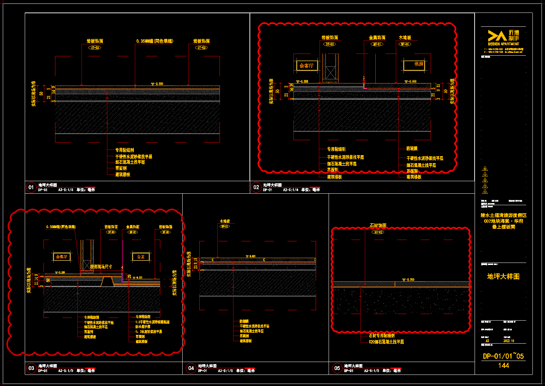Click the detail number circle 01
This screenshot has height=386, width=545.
31,187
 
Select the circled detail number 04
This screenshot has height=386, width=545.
191,368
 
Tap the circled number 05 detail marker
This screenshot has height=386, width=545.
337,368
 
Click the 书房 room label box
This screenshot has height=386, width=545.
415,65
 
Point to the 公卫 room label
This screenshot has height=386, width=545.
141,257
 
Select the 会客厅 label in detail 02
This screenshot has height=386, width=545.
307,65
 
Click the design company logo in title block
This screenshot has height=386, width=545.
503,37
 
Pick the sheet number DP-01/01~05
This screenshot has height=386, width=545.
503,356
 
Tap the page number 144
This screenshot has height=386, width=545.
504,365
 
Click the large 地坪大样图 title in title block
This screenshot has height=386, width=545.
503,276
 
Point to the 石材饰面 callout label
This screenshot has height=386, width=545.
378,226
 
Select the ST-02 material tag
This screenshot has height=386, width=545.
378,232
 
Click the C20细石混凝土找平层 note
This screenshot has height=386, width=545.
386,342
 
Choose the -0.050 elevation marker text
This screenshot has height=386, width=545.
410,280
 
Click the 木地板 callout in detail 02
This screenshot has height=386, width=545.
405,38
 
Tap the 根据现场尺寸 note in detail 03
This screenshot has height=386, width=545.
101,267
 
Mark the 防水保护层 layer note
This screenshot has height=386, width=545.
143,327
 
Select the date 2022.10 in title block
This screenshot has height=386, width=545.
509,341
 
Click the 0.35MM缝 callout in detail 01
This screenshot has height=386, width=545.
154,41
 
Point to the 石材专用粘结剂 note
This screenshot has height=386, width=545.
382,336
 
